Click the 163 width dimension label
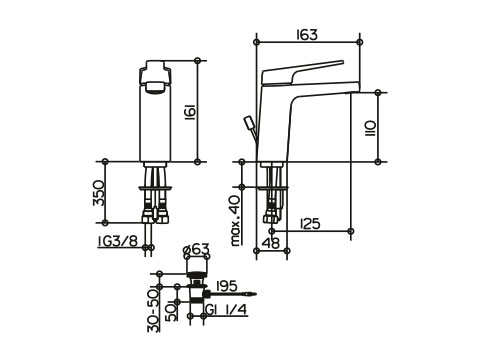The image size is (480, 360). tap(307, 35)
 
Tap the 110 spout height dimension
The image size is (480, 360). tap(370, 129)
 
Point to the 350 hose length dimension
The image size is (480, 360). tap(99, 193)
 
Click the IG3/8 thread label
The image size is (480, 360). tap(118, 241)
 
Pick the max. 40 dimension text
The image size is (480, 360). tap(236, 221)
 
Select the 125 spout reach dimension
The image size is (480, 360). tap(310, 224)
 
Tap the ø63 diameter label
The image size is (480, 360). tap(197, 249)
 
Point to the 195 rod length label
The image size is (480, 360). tap(227, 286)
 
